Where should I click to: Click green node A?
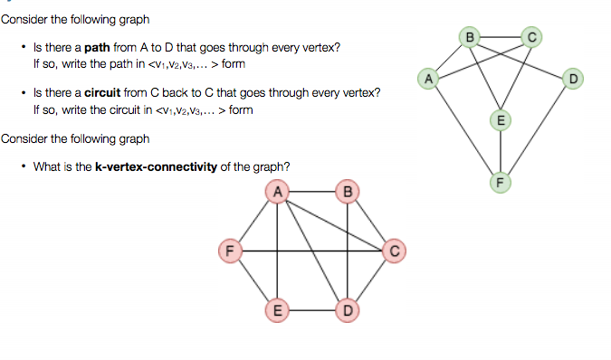point(431,78)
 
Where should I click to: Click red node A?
point(278,191)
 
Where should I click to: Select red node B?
point(347,191)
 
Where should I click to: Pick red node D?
point(347,310)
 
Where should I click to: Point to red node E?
point(278,310)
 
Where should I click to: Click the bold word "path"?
point(97,47)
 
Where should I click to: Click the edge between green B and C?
point(501,37)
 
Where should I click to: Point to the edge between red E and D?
point(312,310)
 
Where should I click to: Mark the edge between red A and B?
point(312,191)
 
